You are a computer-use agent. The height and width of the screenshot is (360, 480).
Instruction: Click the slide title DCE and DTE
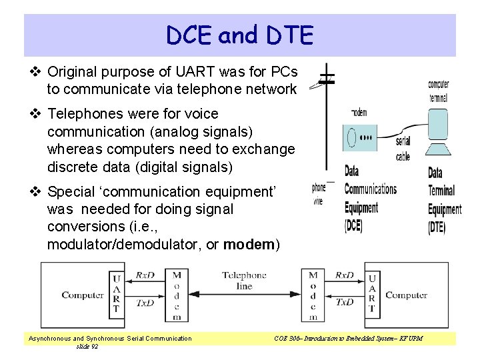point(240,35)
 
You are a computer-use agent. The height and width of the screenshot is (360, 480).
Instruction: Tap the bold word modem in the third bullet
point(249,245)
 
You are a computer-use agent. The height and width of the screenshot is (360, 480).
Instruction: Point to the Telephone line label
point(244,280)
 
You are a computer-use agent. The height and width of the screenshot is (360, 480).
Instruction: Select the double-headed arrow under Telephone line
point(244,295)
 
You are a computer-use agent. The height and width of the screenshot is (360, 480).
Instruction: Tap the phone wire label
point(319,194)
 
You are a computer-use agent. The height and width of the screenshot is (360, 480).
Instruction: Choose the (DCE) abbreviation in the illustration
point(353,225)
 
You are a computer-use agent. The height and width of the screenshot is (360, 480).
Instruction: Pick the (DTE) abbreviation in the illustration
point(437,227)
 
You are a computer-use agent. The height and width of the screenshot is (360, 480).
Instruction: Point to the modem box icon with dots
point(360,137)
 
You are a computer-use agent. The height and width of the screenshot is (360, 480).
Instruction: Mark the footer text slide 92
point(87,347)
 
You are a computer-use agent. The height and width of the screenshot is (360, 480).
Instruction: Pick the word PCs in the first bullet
point(285,71)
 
